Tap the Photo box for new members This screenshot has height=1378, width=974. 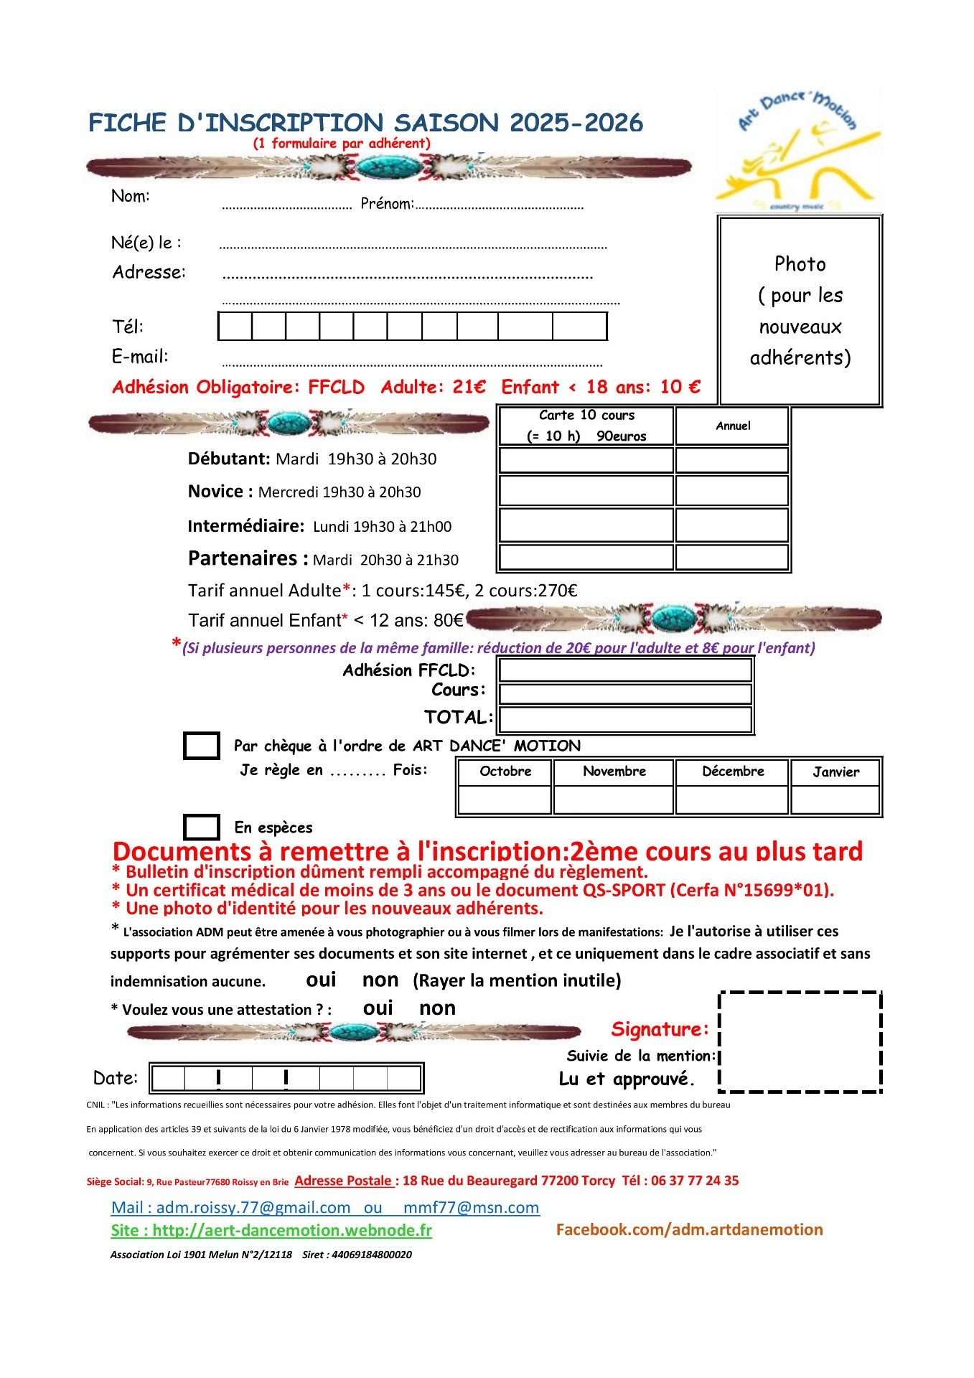coord(800,311)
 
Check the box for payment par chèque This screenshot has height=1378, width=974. coord(202,746)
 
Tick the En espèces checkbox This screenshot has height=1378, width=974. coord(202,827)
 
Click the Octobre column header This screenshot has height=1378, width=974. coord(505,772)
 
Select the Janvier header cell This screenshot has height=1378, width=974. coord(835,772)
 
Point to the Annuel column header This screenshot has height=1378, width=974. coord(732,426)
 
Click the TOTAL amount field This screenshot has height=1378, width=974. coord(625,718)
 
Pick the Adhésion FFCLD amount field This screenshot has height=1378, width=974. coord(625,670)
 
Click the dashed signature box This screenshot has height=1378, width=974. coord(800,1042)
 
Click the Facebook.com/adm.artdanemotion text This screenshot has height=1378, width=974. coord(689,1230)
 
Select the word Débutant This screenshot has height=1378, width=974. coord(228,459)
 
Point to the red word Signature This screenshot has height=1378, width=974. coord(659,1029)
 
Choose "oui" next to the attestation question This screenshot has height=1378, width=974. coord(378,1008)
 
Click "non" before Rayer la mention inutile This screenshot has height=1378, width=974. coord(380,980)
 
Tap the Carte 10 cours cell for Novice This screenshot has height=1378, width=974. coord(586,491)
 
